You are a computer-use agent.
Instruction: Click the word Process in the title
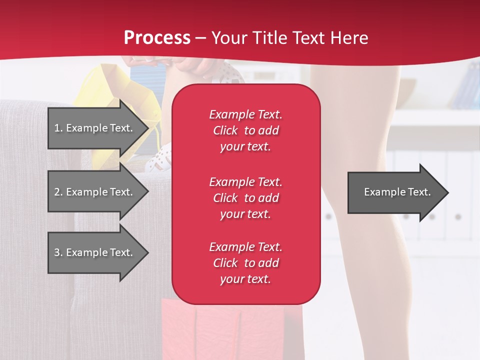pos(157,38)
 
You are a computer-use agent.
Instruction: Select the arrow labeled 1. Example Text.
pos(95,128)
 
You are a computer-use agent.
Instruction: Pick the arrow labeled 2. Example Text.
pos(95,192)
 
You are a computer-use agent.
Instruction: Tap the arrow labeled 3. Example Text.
pos(95,252)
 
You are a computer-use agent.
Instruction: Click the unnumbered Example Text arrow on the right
pos(395,192)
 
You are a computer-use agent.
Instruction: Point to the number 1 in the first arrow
pos(57,128)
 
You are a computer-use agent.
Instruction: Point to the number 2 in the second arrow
pos(57,192)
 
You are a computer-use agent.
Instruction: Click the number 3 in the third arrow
pos(57,252)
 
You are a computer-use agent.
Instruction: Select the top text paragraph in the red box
pos(245,130)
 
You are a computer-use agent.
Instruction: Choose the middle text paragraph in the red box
pos(245,198)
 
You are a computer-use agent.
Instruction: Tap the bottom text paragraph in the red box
pos(245,263)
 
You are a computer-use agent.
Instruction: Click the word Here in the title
pos(349,38)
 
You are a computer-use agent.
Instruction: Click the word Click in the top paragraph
pos(225,130)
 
